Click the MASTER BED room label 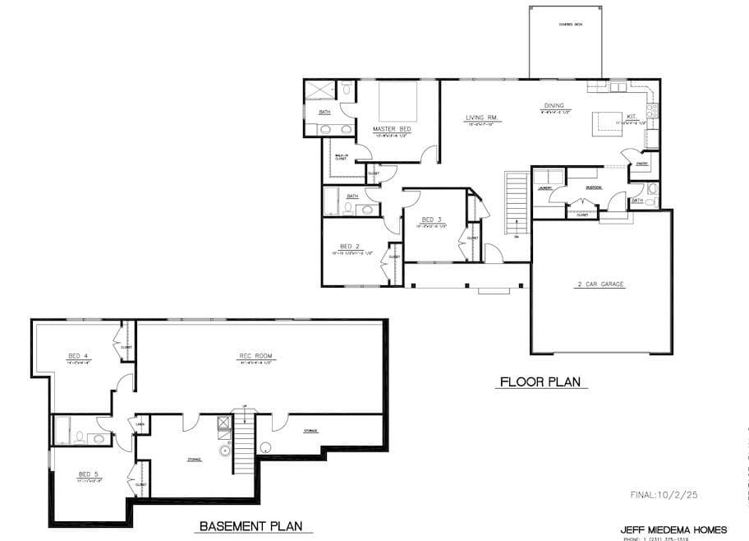pos(391,130)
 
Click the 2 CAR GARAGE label pos(600,284)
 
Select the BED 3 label pos(432,220)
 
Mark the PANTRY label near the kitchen pos(642,164)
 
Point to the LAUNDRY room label pos(545,187)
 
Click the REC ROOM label pos(255,356)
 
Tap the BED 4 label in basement pos(78,356)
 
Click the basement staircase pos(245,444)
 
